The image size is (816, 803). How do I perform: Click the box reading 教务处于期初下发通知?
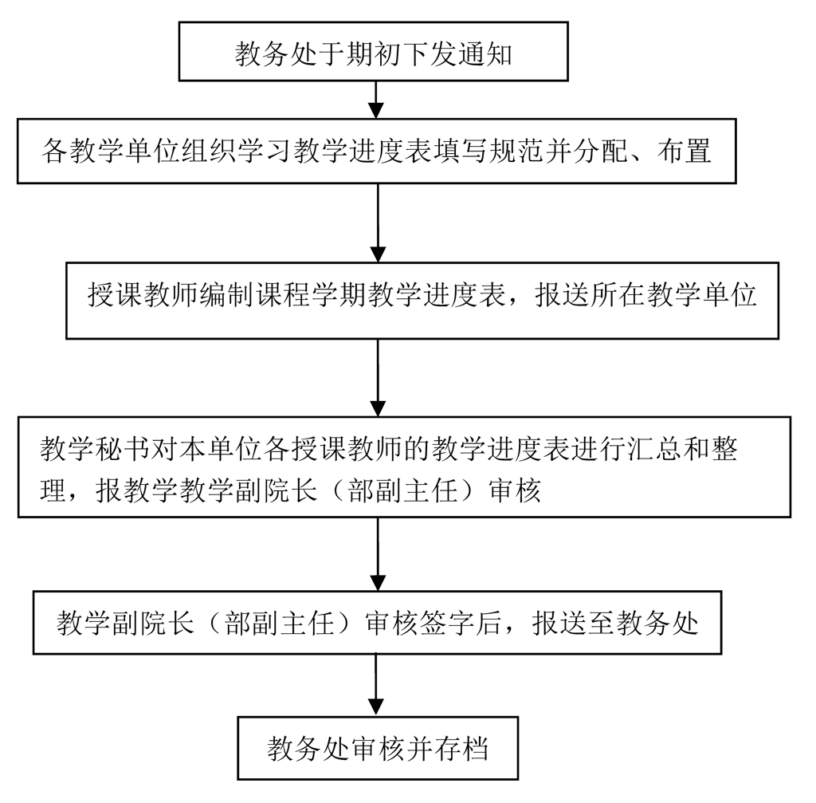(373, 52)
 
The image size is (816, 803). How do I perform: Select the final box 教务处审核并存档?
(378, 749)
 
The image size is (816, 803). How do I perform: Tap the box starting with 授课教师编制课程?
(422, 299)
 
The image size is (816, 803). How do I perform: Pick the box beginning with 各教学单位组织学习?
(377, 151)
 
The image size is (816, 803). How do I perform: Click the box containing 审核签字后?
(377, 622)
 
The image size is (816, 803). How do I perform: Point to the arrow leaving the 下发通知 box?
(377, 99)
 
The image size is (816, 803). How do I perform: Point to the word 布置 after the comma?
(685, 151)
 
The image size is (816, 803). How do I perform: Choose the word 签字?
(459, 623)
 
